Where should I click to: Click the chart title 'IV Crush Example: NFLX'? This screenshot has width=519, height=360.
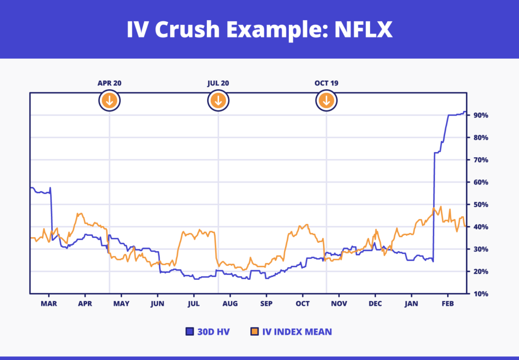259,29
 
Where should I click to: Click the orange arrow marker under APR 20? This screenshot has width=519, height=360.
109,100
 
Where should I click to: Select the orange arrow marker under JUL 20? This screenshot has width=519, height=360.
218,100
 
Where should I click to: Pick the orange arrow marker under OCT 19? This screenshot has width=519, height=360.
327,100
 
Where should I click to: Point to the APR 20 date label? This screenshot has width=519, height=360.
109,83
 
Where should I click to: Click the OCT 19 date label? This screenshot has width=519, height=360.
327,83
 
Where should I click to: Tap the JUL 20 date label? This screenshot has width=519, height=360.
218,83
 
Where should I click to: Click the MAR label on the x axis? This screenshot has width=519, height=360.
49,304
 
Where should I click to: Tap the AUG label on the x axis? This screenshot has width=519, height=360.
230,304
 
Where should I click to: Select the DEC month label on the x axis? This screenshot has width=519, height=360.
375,304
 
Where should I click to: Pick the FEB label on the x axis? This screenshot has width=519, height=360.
448,304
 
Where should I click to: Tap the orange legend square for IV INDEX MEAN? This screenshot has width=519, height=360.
255,332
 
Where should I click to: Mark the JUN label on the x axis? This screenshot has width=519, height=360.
158,304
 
